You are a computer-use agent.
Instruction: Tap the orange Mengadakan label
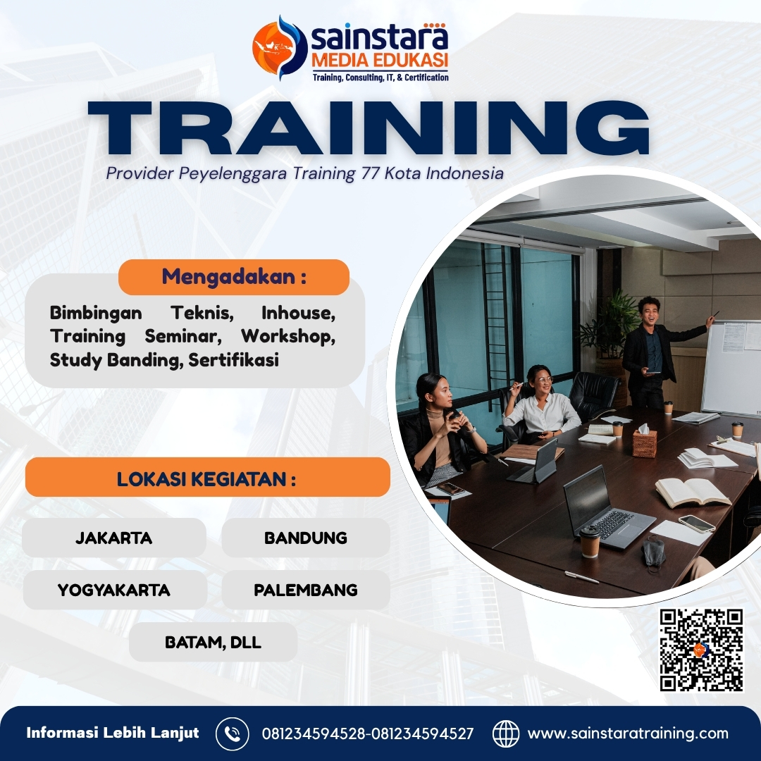click(x=234, y=277)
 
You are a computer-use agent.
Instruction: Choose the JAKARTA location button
click(x=114, y=538)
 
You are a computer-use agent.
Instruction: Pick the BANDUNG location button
click(x=306, y=538)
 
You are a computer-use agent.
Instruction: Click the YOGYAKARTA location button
click(x=114, y=590)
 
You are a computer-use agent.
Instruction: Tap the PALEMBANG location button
click(x=306, y=590)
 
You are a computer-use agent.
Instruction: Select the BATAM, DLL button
click(x=213, y=642)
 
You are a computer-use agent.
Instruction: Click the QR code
click(x=702, y=650)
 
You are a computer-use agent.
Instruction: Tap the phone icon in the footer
click(x=232, y=734)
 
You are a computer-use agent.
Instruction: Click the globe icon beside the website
click(x=505, y=734)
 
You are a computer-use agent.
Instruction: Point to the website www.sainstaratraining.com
click(x=628, y=734)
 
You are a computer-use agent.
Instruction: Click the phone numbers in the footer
click(x=368, y=734)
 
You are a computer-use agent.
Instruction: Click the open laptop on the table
click(x=605, y=507)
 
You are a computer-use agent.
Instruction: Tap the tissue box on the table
click(x=644, y=442)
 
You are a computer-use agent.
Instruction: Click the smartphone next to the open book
click(x=696, y=524)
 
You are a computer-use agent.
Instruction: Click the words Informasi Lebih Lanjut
click(x=113, y=733)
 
